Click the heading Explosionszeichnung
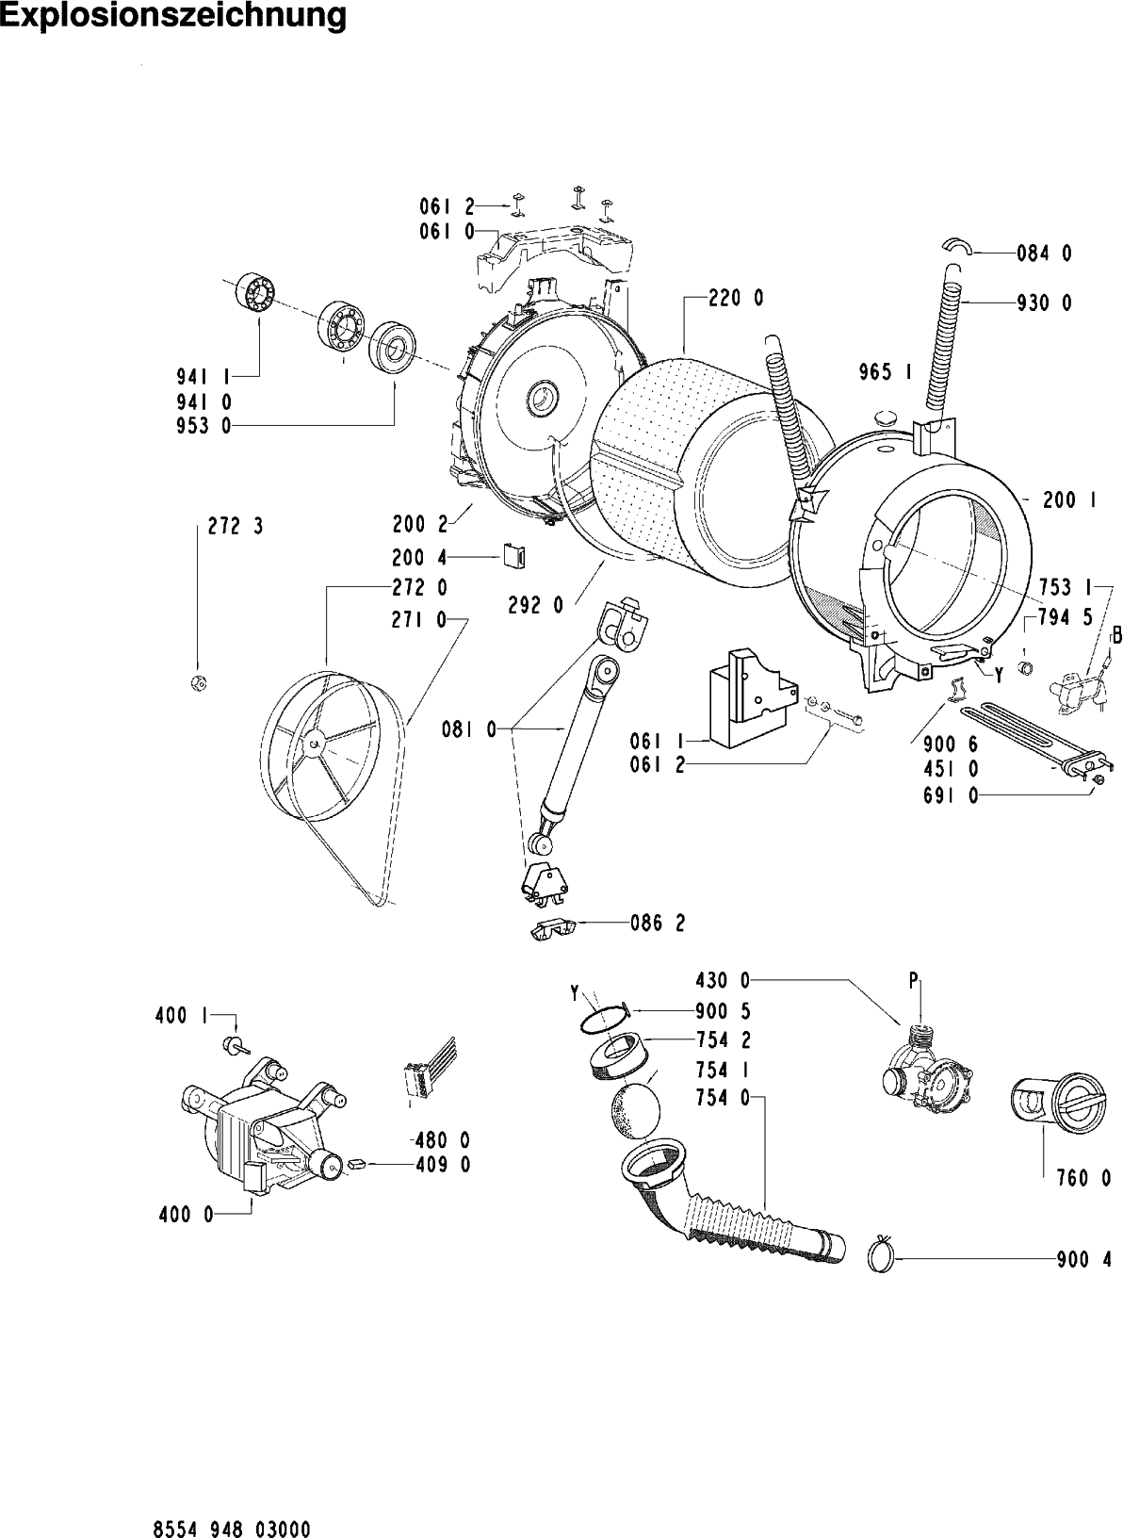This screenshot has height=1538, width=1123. [173, 17]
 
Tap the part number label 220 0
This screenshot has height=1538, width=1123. [736, 299]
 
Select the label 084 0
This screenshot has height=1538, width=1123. [1043, 253]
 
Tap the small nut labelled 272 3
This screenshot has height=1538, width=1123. [198, 682]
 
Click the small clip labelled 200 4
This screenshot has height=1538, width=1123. [514, 558]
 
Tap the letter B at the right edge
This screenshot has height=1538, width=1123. [1116, 636]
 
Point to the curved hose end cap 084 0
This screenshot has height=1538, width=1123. [953, 245]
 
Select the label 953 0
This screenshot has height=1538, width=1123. [203, 426]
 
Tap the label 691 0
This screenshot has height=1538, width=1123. [950, 796]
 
